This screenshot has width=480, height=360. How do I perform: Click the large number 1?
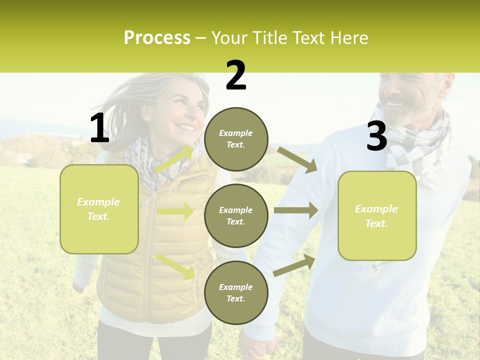[99, 128]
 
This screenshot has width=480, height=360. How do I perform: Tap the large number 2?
[236, 75]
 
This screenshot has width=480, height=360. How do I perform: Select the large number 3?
[376, 136]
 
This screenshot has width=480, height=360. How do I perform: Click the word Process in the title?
[157, 37]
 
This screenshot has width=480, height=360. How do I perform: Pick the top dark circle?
[236, 139]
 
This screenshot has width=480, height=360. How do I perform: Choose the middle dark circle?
[236, 215]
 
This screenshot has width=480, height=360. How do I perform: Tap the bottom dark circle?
[236, 292]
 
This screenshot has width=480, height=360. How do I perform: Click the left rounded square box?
[99, 209]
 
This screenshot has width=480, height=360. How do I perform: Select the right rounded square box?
[377, 215]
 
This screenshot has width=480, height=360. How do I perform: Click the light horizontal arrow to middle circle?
[175, 211]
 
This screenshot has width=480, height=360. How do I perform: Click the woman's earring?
[148, 119]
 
